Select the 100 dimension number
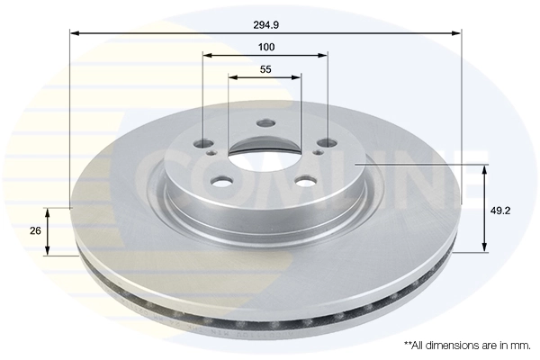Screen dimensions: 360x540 265,46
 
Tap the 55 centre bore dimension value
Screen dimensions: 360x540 265,69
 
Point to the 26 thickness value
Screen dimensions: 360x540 35,231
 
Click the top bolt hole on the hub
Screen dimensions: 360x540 265,124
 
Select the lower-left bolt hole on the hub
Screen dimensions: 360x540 222,181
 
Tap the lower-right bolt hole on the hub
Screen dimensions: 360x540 306,181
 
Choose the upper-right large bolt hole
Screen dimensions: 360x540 326,141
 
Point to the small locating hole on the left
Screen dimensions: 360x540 212,154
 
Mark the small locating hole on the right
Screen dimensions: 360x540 317,154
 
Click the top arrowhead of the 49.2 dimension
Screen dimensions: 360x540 486,169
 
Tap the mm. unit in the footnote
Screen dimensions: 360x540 521,345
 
